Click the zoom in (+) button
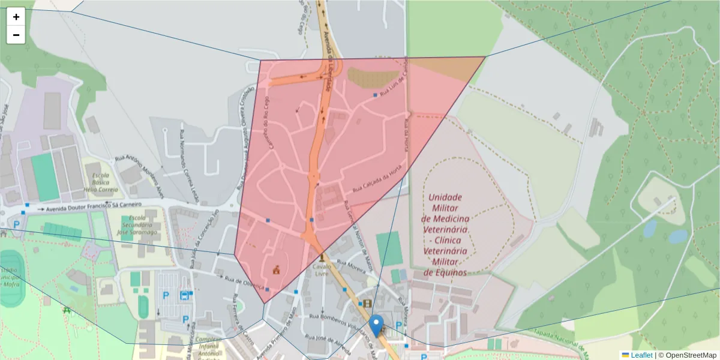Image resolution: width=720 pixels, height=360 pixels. point(16,17)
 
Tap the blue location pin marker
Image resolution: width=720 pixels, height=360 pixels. point(376,325)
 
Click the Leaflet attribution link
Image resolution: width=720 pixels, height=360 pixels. point(641,355)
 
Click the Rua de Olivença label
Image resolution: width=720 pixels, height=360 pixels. point(244,280)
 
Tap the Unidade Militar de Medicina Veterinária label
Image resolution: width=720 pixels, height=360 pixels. point(445,235)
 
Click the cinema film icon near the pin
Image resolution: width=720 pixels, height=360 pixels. point(367,303)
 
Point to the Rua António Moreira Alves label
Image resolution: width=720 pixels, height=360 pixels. point(139,174)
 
